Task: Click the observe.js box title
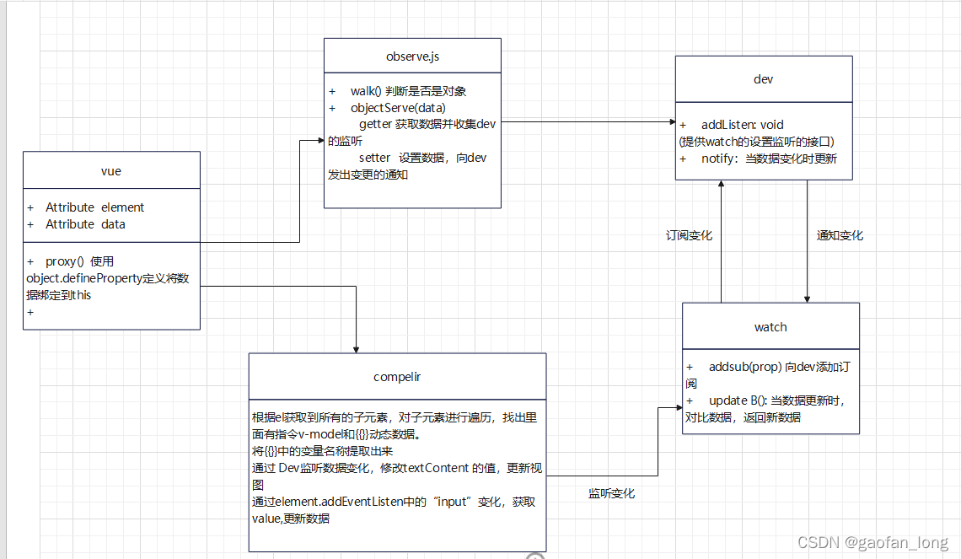[412, 56]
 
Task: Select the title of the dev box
[763, 79]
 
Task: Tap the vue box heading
[111, 170]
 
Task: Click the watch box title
[770, 326]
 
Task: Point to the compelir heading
[397, 376]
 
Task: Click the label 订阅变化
[689, 235]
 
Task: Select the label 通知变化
[840, 235]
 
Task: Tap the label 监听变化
[611, 493]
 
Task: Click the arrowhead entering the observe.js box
[320, 139]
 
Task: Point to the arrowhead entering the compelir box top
[357, 348]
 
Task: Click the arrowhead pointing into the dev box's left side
[670, 122]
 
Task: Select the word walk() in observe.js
[366, 91]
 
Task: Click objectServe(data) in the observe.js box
[398, 108]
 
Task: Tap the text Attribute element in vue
[94, 207]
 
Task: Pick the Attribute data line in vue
[85, 224]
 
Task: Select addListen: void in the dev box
[743, 125]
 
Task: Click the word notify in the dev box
[718, 159]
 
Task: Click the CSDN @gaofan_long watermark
[872, 542]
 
